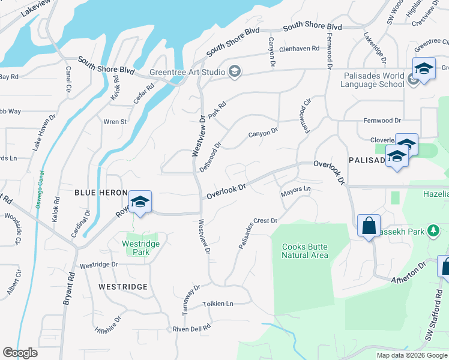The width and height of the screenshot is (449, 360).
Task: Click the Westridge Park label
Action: (x=140, y=248)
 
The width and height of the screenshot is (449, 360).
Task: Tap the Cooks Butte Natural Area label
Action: (x=305, y=250)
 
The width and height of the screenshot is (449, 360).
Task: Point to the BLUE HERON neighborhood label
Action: (x=100, y=193)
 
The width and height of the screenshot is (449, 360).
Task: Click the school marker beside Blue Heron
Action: (x=140, y=202)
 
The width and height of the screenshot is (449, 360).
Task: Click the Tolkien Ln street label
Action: (x=218, y=304)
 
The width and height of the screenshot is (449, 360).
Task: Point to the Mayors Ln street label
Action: (x=295, y=190)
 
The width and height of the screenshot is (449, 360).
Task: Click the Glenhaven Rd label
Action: (x=299, y=49)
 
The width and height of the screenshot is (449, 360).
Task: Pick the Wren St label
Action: (x=115, y=122)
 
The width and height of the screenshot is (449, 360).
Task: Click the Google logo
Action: (x=20, y=353)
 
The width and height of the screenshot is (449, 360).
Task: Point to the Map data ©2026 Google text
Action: (x=412, y=355)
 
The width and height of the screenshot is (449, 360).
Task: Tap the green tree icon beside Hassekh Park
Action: (x=432, y=231)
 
